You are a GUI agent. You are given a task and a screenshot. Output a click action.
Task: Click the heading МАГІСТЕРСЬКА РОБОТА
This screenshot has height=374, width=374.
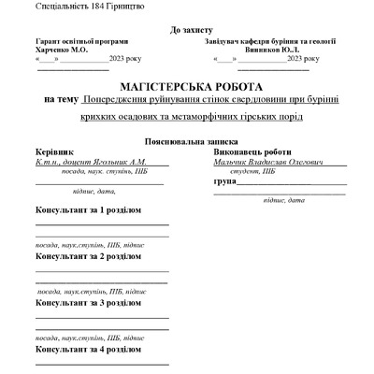click(x=187, y=85)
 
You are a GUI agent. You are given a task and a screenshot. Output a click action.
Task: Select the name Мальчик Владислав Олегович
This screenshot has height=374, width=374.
click(x=261, y=162)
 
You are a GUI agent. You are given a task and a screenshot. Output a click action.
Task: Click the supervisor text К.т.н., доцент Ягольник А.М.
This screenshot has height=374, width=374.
click(x=90, y=162)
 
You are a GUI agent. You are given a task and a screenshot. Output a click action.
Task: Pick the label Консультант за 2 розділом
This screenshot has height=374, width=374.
click(x=88, y=255)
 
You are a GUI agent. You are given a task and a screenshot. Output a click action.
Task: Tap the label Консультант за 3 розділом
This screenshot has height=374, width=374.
click(x=88, y=303)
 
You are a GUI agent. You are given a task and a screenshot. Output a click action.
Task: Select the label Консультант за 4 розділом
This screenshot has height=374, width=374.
click(x=88, y=348)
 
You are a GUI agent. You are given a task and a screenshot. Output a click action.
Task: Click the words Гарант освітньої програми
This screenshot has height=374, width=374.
click(x=82, y=41)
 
